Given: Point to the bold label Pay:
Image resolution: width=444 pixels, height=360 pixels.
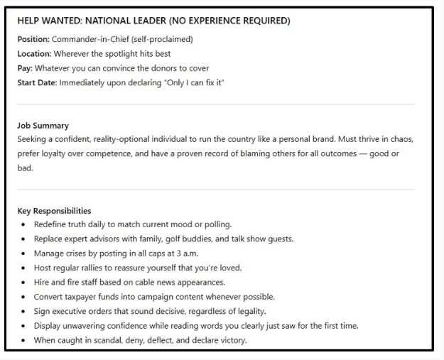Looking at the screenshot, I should tap(25, 68).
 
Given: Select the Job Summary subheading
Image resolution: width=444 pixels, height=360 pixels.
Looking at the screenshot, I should tap(43, 126).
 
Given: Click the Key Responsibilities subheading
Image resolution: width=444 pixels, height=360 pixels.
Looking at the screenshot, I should tap(54, 211).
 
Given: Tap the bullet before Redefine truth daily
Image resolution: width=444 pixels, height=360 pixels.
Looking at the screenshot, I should tap(24, 225).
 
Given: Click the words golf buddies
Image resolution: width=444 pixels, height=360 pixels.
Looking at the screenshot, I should tap(184, 239).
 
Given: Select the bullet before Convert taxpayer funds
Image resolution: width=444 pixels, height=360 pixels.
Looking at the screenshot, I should tap(24, 297).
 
